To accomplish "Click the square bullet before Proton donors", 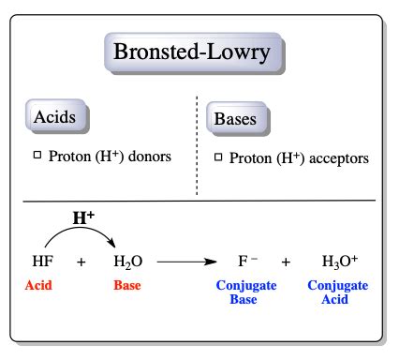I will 38,155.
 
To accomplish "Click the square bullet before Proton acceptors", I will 219,157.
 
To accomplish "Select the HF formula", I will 43,262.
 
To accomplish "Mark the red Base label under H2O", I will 126,285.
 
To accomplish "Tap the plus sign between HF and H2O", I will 81,262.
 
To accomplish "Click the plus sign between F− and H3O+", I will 287,262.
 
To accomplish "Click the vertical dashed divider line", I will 197,145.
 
